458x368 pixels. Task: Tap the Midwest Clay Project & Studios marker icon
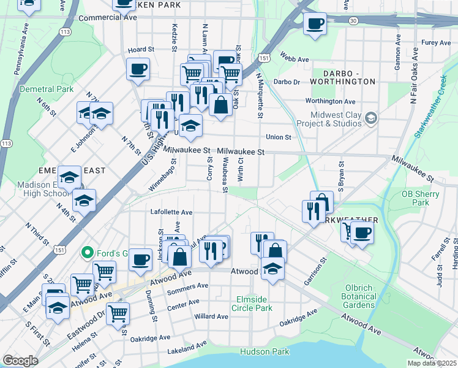click(x=370, y=118)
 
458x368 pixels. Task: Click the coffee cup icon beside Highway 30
click(x=315, y=25)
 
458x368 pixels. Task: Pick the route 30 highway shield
click(x=353, y=20)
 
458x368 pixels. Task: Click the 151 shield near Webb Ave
click(x=263, y=58)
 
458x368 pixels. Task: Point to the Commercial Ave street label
click(x=107, y=18)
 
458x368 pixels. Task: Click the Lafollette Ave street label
click(x=171, y=212)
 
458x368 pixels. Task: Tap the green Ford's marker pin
click(x=88, y=252)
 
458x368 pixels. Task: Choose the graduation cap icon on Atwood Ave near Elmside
click(x=272, y=269)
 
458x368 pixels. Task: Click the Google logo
click(x=20, y=361)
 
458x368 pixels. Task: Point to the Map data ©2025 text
click(x=429, y=363)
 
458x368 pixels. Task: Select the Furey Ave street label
click(x=436, y=43)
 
